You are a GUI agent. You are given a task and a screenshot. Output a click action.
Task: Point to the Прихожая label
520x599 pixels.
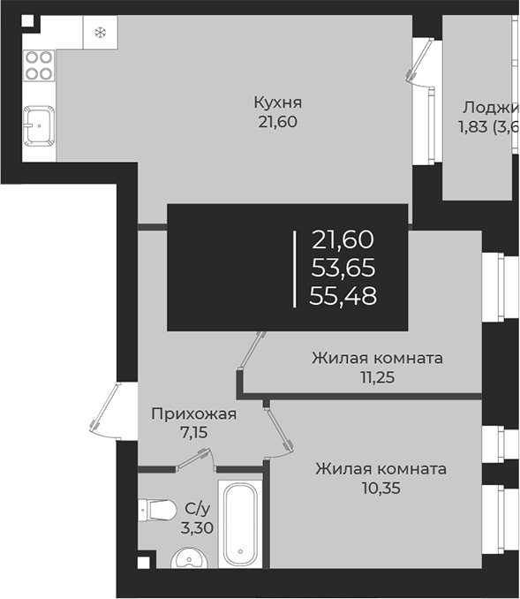pyautogui.click(x=193, y=413)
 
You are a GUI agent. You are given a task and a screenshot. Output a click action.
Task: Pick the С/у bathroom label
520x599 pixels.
pyautogui.click(x=196, y=510)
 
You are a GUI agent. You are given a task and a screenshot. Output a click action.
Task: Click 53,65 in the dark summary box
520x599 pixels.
pyautogui.click(x=343, y=267)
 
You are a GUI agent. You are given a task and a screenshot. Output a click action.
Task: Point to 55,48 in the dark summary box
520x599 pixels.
pyautogui.click(x=343, y=296)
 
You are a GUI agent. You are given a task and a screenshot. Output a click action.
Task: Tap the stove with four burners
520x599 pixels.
pyautogui.click(x=39, y=64)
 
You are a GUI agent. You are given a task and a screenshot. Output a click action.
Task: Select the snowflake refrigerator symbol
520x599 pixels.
pyautogui.click(x=100, y=34)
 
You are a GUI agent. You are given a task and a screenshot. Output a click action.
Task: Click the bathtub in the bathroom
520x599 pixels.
pyautogui.click(x=241, y=523)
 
